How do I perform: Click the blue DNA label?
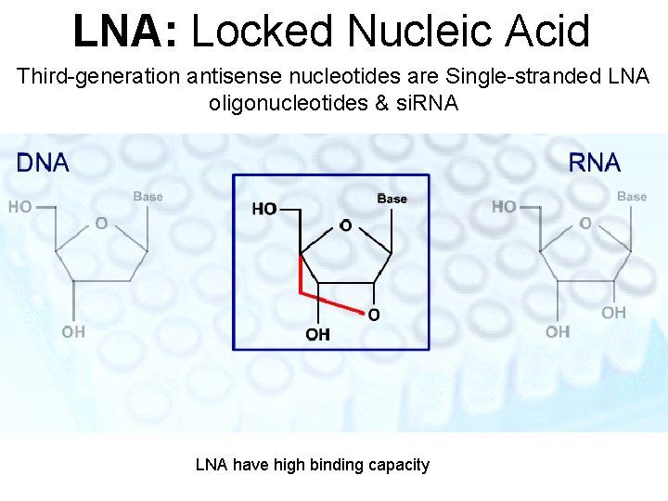[43, 163]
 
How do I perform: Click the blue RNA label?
[594, 163]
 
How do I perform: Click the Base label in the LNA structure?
[392, 199]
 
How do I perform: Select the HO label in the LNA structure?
[263, 209]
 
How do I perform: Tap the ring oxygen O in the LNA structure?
[345, 225]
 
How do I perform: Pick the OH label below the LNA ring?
[317, 335]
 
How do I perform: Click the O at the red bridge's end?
[373, 315]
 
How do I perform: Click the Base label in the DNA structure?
[148, 197]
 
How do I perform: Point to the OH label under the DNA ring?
[73, 331]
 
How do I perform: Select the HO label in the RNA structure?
[504, 207]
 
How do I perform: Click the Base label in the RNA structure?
[632, 197]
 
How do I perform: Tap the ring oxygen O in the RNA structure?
[585, 224]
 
